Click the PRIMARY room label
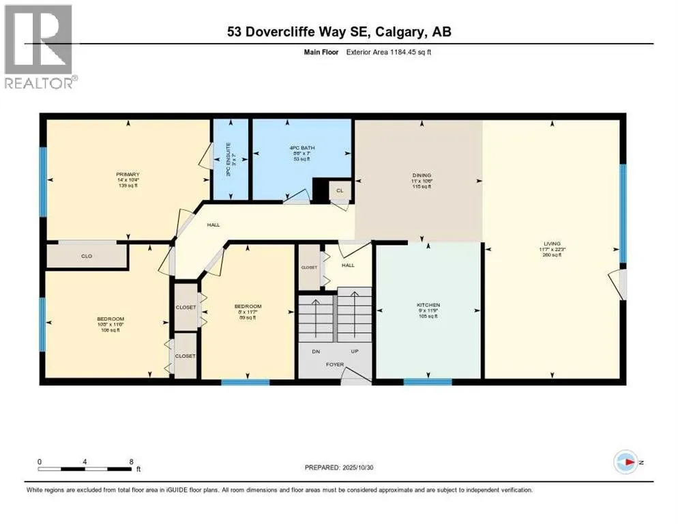(x=127, y=175)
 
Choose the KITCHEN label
(x=428, y=305)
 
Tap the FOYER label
(x=334, y=364)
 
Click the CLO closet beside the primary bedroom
(x=87, y=256)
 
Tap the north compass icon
(x=625, y=462)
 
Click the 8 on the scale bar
(x=130, y=461)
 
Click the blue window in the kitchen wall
(x=428, y=381)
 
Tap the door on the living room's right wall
(x=618, y=284)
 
